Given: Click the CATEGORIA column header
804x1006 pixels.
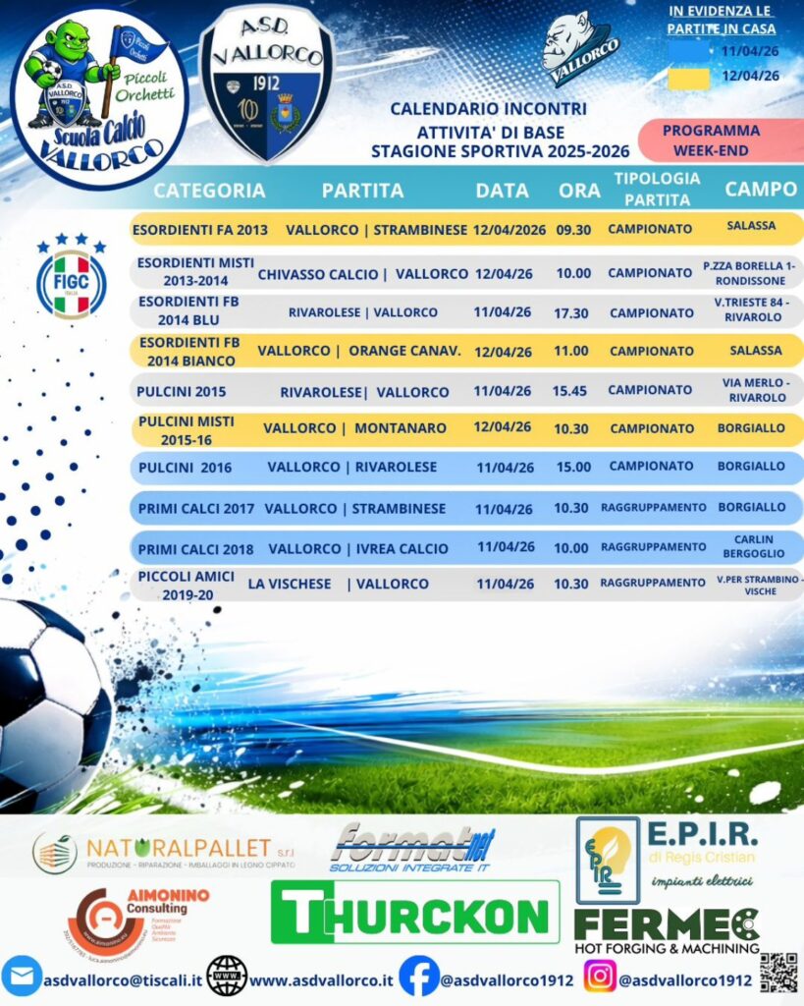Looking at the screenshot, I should click(x=209, y=191).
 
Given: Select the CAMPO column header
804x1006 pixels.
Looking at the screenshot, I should click(x=761, y=190).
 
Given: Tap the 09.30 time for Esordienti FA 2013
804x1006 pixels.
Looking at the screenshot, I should click(x=573, y=229).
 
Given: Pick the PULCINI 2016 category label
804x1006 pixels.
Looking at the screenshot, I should click(x=186, y=467).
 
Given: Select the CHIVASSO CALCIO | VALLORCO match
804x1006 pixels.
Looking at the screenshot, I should click(x=363, y=274).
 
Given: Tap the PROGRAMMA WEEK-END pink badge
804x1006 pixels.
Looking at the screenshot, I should click(x=712, y=140).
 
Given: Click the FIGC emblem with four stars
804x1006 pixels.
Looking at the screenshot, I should click(x=71, y=278).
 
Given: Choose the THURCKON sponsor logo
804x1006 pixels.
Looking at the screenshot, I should click(x=414, y=913).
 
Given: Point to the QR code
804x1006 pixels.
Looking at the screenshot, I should click(x=778, y=973).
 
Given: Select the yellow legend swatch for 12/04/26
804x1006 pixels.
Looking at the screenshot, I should click(x=689, y=77).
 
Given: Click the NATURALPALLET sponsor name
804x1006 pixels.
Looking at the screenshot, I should click(x=182, y=848).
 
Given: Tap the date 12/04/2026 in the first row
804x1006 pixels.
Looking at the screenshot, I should click(x=509, y=229).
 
